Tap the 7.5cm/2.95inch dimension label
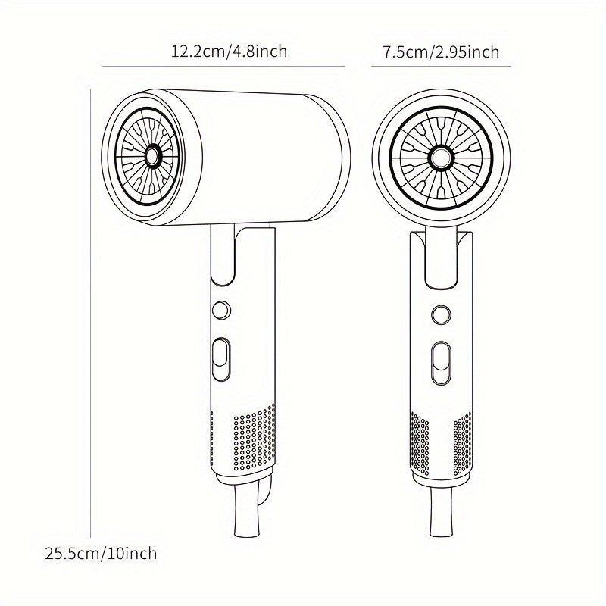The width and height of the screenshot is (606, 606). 441,52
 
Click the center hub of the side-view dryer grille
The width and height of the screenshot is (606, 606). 152,157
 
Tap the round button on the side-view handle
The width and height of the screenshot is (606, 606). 220,309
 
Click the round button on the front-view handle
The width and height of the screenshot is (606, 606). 440,314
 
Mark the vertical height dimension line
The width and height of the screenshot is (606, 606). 91,303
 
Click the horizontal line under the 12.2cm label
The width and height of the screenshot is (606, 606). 223,67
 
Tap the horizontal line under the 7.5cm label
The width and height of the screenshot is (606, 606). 442,67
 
